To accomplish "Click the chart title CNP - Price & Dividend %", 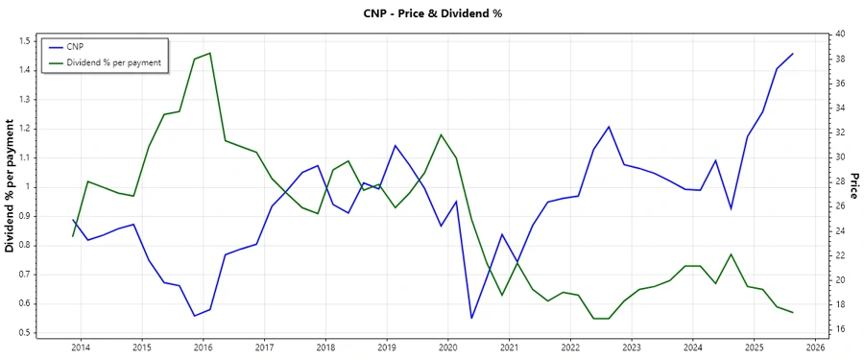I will coord(431,13).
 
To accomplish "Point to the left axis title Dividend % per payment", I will coord(11,186).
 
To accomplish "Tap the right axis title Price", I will coord(853,186).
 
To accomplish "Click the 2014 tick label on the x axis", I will coord(81,348).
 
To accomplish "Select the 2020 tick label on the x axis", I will coord(448,348).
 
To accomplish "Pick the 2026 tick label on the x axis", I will coord(816,348).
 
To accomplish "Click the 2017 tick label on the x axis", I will coord(264,348).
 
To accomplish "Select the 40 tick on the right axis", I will coord(839,34).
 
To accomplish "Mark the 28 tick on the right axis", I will coord(839,181).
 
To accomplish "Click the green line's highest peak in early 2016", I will coord(209,53).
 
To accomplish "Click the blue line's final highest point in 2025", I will coord(792,54).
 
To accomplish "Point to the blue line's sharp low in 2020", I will coord(471,318).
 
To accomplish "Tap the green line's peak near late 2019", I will coord(441,134).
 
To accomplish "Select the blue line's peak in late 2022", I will coord(609,127).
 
